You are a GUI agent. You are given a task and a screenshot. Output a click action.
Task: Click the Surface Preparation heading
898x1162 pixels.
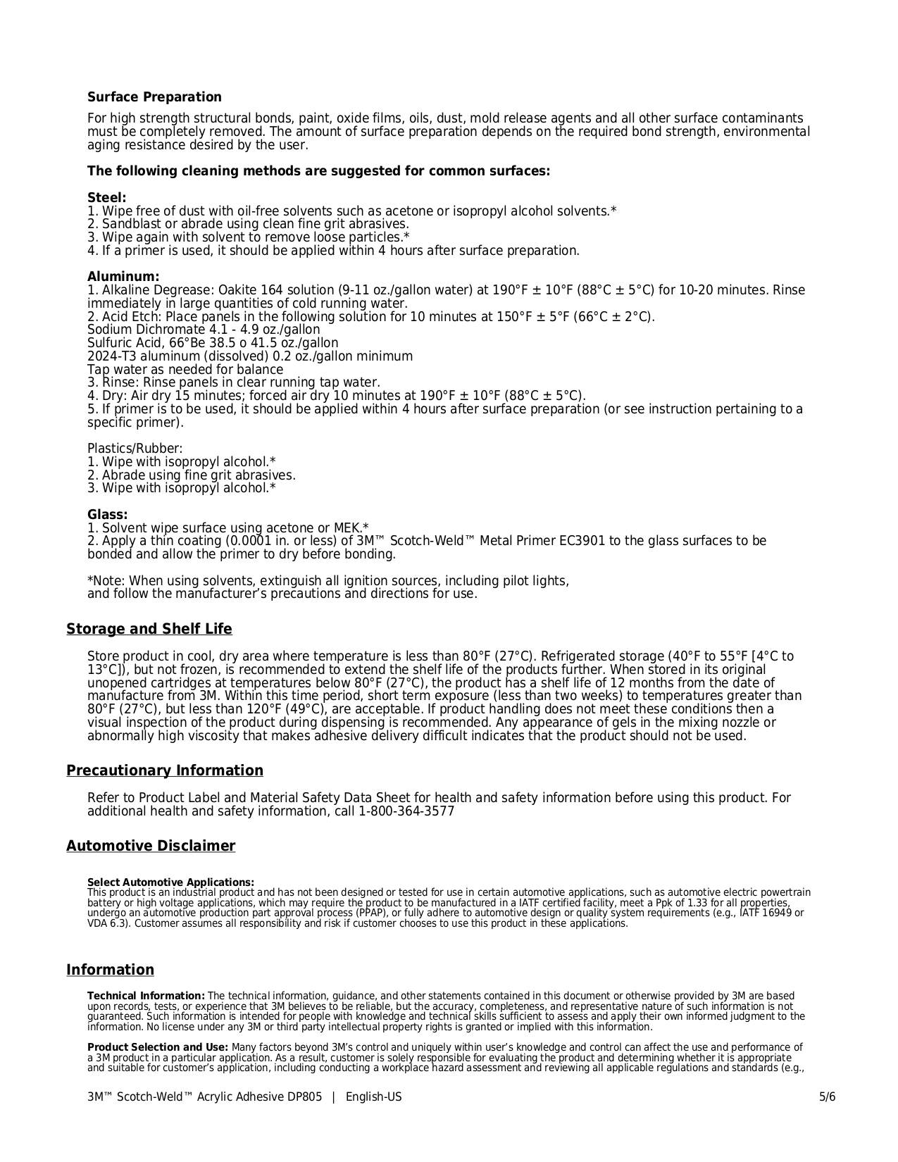[x=154, y=97]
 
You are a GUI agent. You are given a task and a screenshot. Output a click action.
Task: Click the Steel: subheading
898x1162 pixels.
[x=107, y=198]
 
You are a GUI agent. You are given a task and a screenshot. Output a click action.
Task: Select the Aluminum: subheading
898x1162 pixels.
[x=123, y=277]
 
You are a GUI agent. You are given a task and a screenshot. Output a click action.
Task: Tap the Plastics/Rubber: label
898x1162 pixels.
[x=135, y=449]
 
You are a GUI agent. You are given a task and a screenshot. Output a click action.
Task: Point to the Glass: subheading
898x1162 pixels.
[x=108, y=515]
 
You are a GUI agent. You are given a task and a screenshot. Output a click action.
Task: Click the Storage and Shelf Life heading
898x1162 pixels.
[x=149, y=629]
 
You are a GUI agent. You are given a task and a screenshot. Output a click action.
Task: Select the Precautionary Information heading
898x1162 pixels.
[x=165, y=770]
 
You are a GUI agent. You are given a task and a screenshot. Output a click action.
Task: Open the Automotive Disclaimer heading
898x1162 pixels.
[x=151, y=846]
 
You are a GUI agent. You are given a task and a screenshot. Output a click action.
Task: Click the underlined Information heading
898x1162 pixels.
[x=111, y=970]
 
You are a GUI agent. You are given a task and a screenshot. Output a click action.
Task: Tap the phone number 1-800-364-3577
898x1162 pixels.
[x=406, y=811]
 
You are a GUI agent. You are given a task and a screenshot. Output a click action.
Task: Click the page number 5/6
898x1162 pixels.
[x=827, y=1097]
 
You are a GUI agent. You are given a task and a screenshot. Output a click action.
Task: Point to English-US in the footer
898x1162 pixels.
[x=373, y=1097]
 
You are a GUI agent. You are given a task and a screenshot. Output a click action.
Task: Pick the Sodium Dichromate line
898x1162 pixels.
[x=204, y=330]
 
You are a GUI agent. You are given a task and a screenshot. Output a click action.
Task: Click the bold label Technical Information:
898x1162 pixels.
[x=146, y=996]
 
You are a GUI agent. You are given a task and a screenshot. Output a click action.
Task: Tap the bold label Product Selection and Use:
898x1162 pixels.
[x=158, y=1048]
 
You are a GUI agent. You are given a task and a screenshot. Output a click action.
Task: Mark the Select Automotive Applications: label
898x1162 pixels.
[x=170, y=882]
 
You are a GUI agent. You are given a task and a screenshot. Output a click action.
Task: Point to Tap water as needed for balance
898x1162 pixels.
[x=185, y=370]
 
